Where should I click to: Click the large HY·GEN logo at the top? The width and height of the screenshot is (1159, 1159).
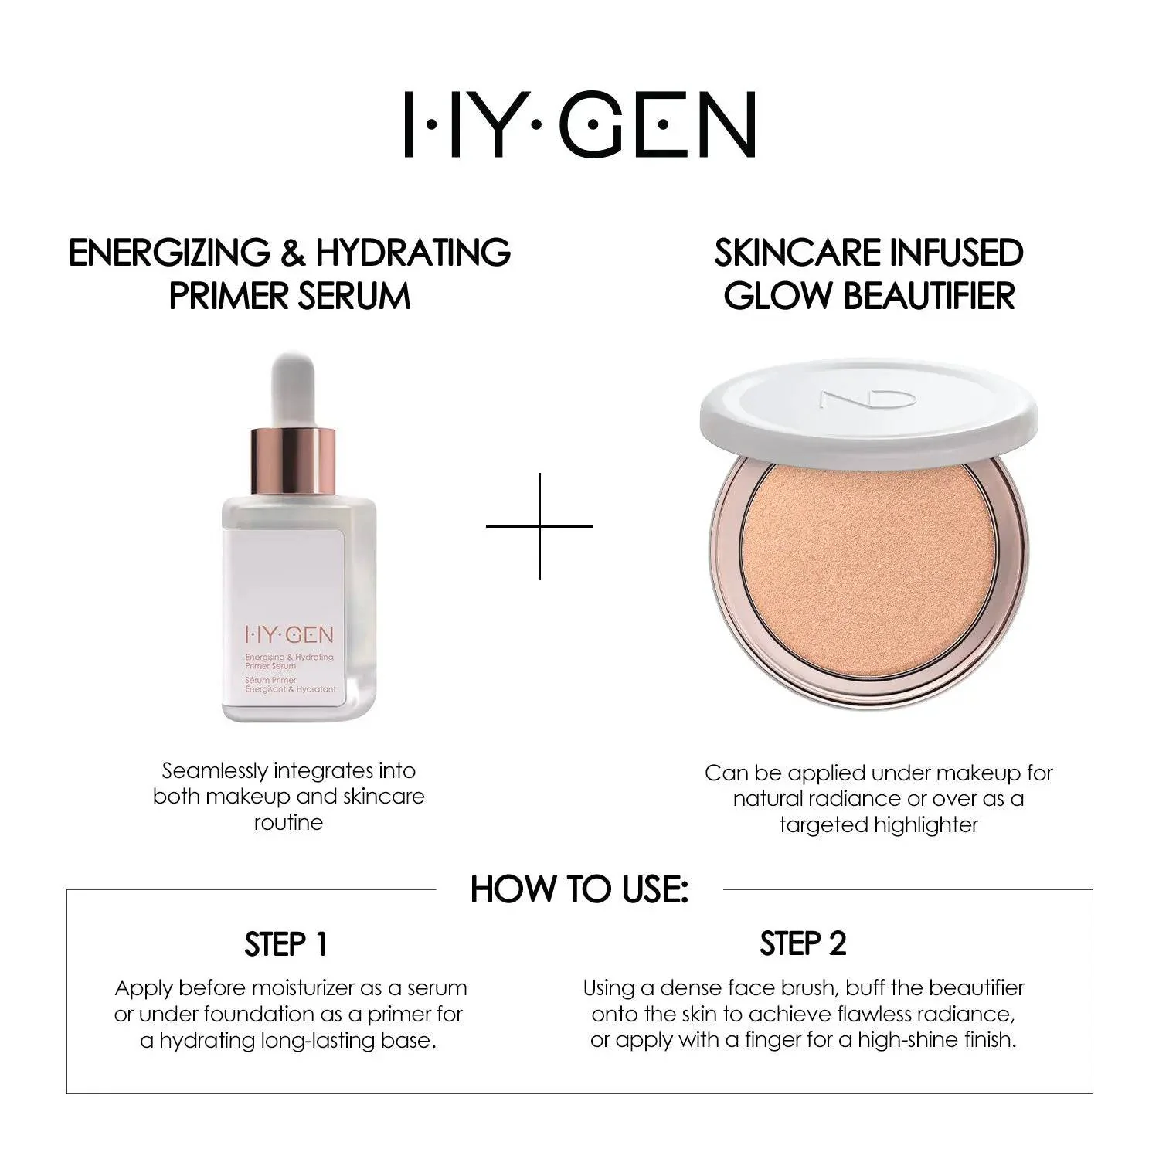point(579,124)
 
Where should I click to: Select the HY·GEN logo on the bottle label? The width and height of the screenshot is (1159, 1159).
point(289,635)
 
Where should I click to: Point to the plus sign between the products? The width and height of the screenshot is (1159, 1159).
point(539,526)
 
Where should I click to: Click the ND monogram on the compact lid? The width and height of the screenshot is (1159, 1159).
point(868,399)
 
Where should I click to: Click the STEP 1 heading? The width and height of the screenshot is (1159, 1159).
point(286,944)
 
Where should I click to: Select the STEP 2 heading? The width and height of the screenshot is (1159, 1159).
point(803,943)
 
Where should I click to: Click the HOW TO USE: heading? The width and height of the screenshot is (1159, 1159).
point(579,889)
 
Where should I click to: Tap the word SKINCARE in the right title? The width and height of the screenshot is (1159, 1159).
point(790,253)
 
